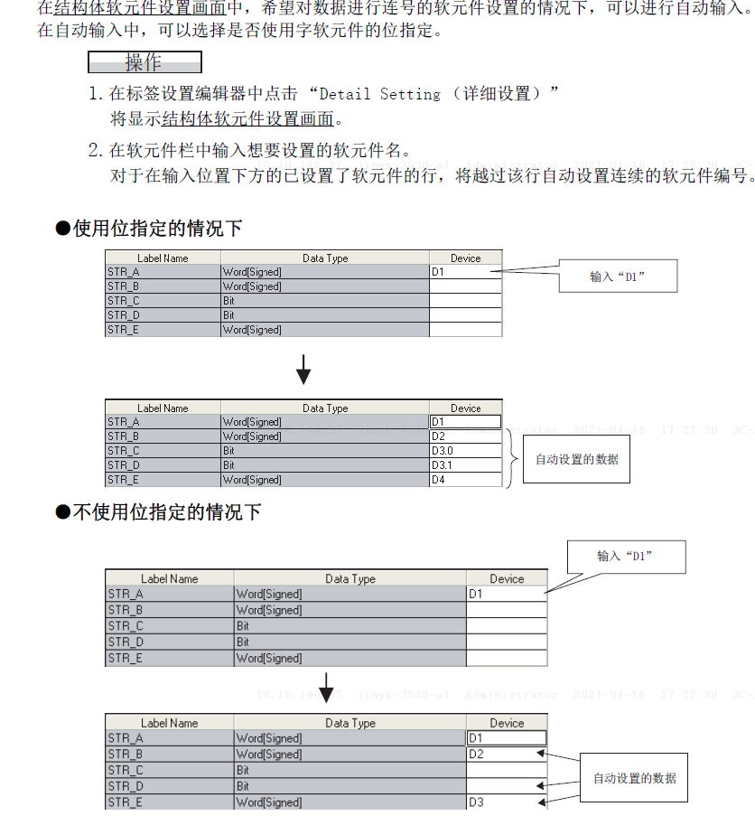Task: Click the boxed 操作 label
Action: [144, 62]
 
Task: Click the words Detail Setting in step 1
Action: [380, 94]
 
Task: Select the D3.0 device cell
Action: [465, 451]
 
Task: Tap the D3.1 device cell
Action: [465, 465]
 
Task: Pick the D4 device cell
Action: [465, 480]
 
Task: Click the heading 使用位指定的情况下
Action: [157, 228]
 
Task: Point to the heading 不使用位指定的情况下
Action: [166, 512]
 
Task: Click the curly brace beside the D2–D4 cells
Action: [512, 458]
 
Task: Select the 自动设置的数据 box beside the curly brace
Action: [576, 459]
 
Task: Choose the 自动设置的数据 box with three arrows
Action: [634, 778]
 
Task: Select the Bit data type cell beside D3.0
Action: [324, 451]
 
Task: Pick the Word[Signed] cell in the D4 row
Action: [324, 480]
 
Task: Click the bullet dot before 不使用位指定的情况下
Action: [63, 512]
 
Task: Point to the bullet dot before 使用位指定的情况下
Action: [63, 228]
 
